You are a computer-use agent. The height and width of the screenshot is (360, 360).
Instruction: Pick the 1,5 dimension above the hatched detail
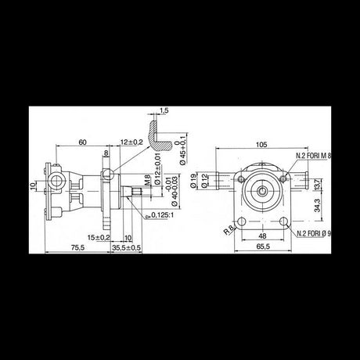(x=164, y=110)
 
